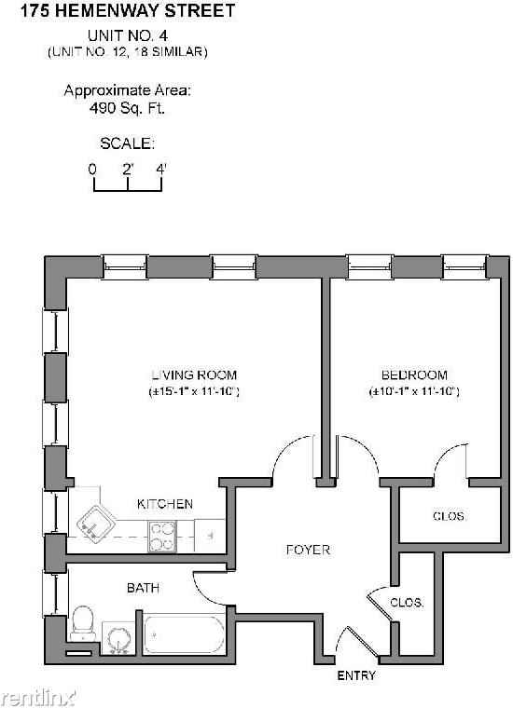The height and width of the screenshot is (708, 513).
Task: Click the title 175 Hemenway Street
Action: coord(128,11)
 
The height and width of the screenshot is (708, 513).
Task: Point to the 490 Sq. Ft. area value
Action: coord(127,107)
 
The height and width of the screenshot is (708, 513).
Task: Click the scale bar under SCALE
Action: coord(128,183)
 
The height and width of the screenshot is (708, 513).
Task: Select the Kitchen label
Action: coord(165,504)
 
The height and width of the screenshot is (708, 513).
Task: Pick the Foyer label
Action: coord(308,550)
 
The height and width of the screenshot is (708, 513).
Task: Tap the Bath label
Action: coord(143,588)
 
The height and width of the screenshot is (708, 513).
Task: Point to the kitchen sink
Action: coord(94,524)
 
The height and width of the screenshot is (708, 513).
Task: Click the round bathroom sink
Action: coord(118,639)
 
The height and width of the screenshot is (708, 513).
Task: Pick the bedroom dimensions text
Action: coord(414,392)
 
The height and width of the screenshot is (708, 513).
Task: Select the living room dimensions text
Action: coord(195,392)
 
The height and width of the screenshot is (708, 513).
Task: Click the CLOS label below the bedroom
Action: coord(449,516)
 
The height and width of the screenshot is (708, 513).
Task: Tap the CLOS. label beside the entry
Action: coord(407,602)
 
